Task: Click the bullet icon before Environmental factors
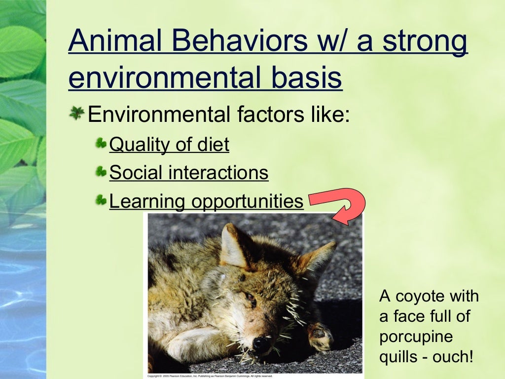(76, 114)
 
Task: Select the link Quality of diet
(169, 145)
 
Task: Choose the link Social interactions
(188, 173)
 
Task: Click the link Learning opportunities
(206, 201)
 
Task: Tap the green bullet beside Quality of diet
(101, 144)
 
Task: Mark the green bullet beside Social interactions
(101, 172)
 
